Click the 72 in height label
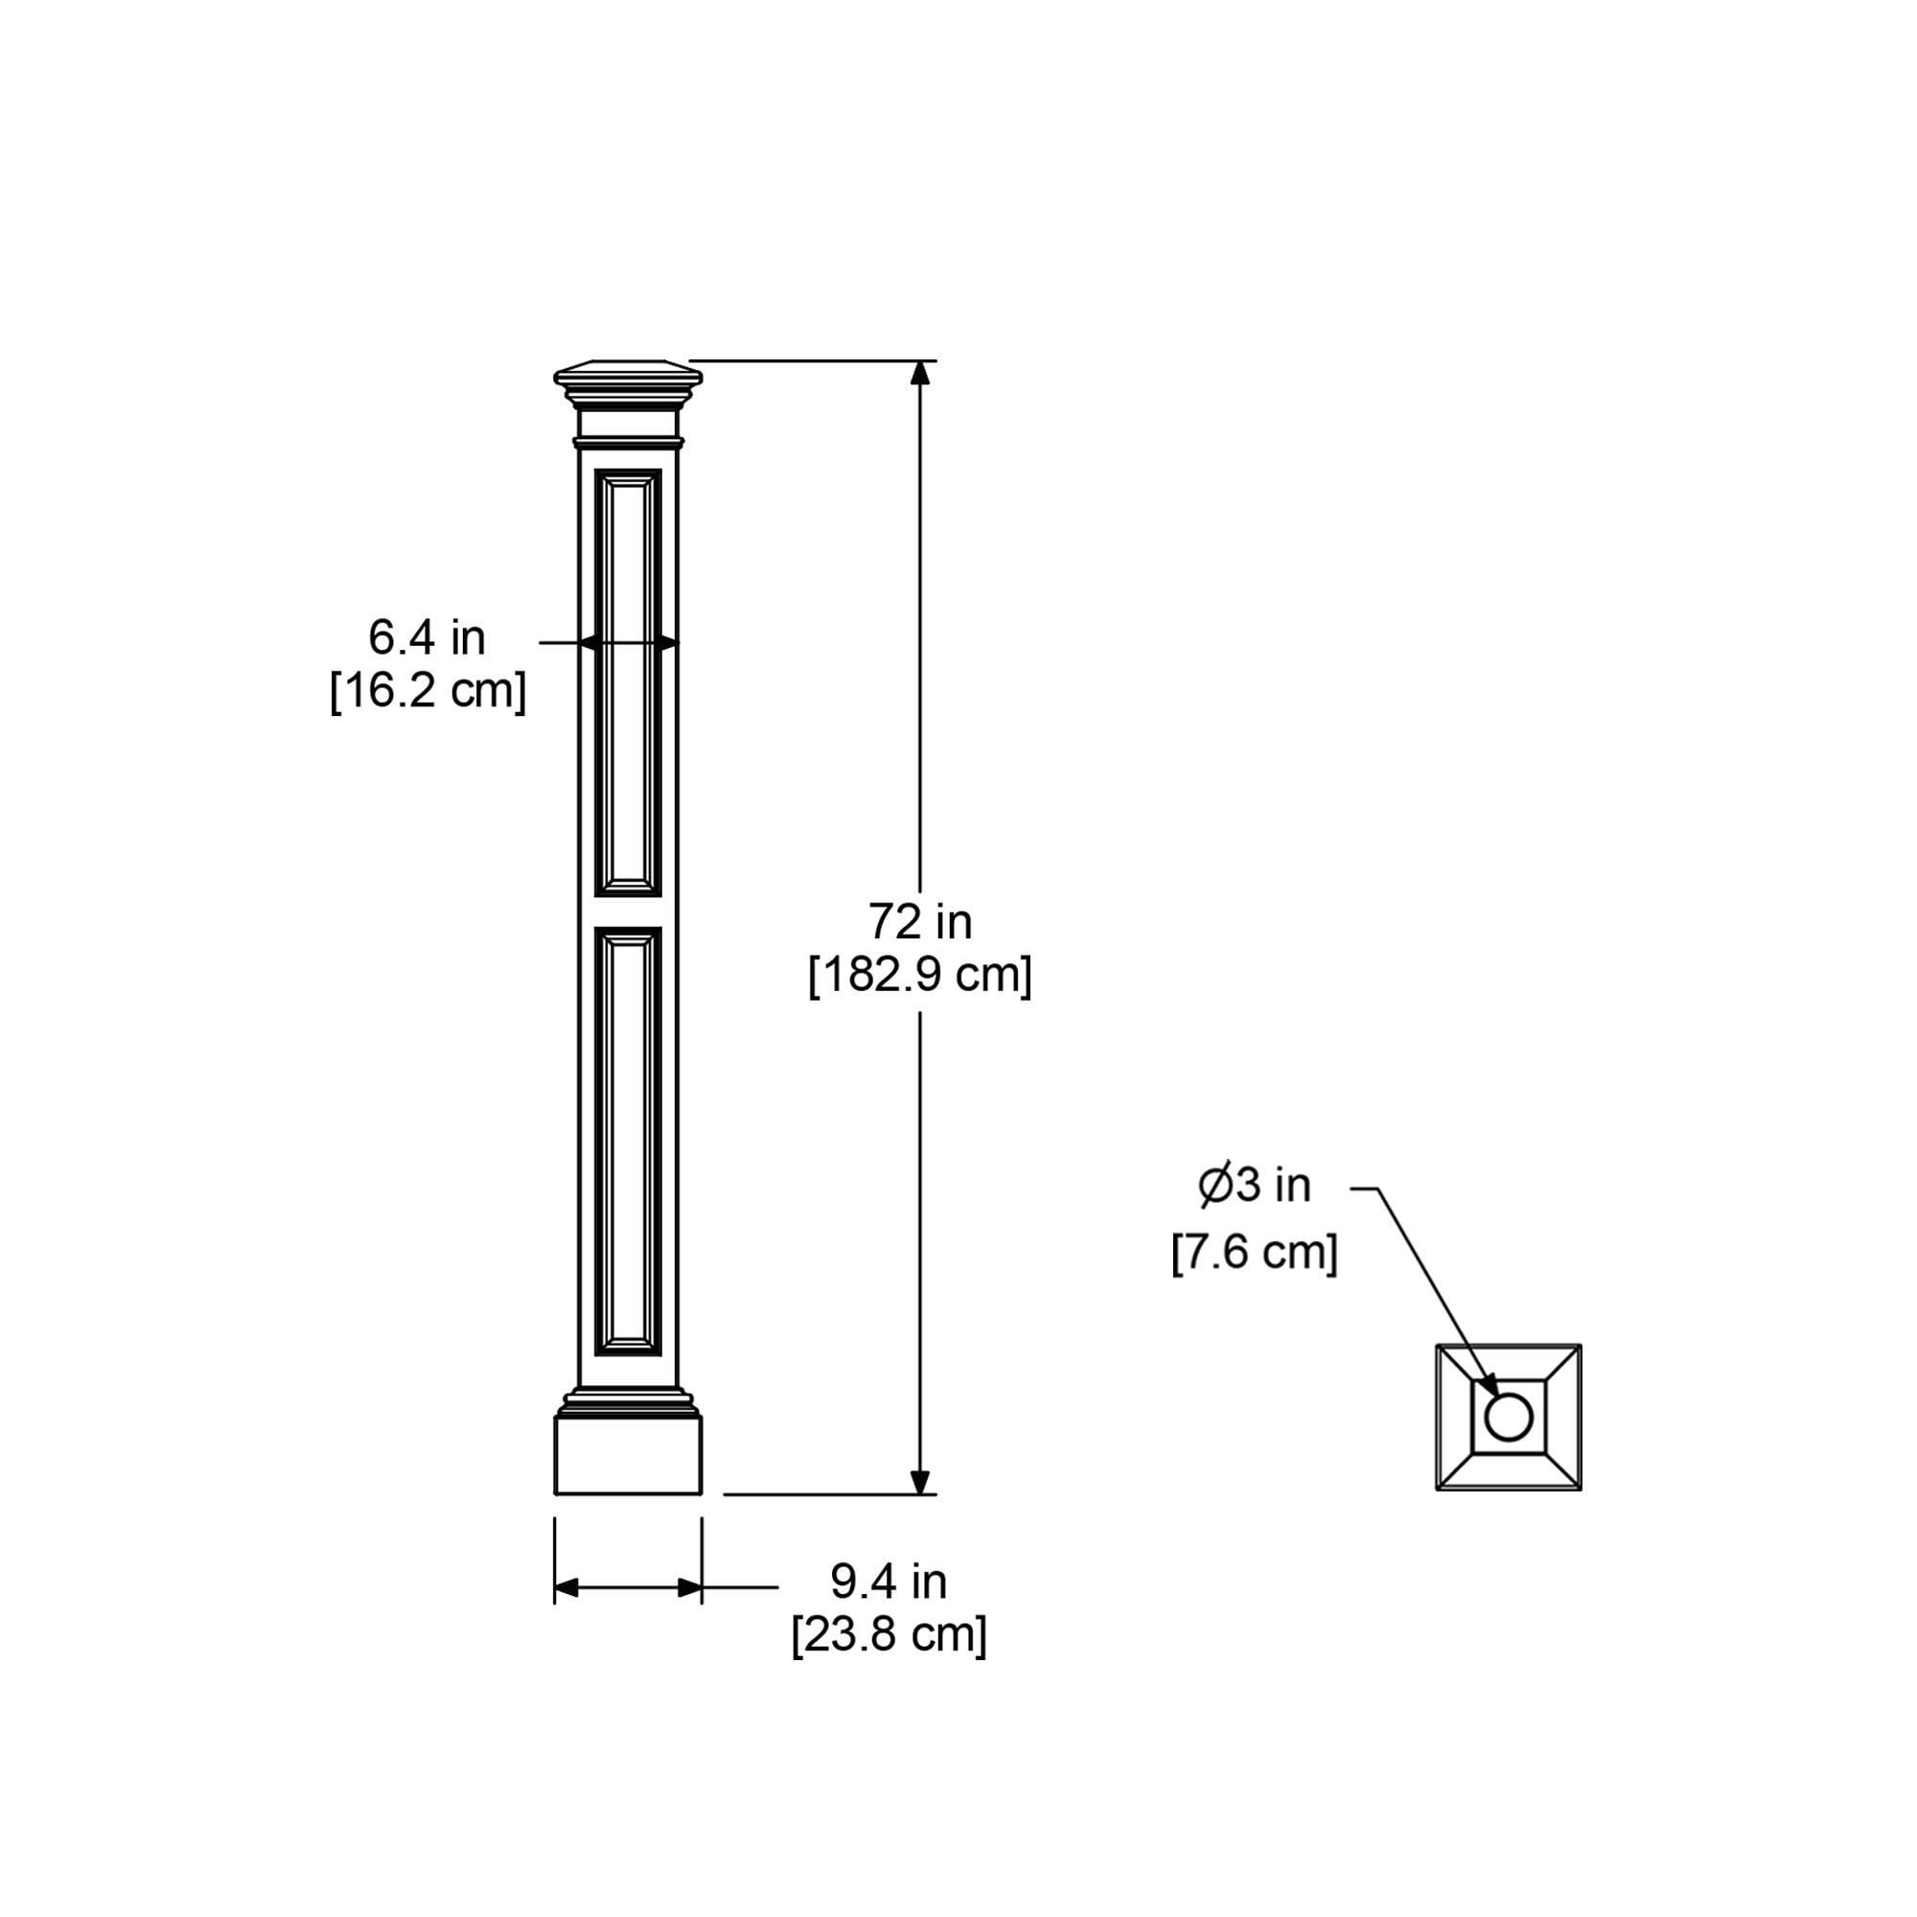pyautogui.click(x=920, y=923)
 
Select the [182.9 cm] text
pyautogui.click(x=920, y=976)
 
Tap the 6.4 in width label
pyautogui.click(x=427, y=638)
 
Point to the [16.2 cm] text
pyautogui.click(x=427, y=690)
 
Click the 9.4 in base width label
pyautogui.click(x=889, y=1582)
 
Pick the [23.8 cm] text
pyautogui.click(x=889, y=1634)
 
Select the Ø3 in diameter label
pyautogui.click(x=1254, y=1185)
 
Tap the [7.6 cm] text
pyautogui.click(x=1254, y=1252)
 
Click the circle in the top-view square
pyautogui.click(x=1508, y=1417)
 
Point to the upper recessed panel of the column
pyautogui.click(x=628, y=682)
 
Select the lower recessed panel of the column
pyautogui.click(x=628, y=1141)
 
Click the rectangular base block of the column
pyautogui.click(x=628, y=1455)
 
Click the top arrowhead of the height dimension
pyautogui.click(x=920, y=373)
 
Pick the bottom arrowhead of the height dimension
pyautogui.click(x=920, y=1483)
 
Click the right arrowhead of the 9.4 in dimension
pyautogui.click(x=689, y=1587)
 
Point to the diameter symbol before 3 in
pyautogui.click(x=1214, y=1185)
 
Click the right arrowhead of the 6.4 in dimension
pyautogui.click(x=669, y=643)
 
